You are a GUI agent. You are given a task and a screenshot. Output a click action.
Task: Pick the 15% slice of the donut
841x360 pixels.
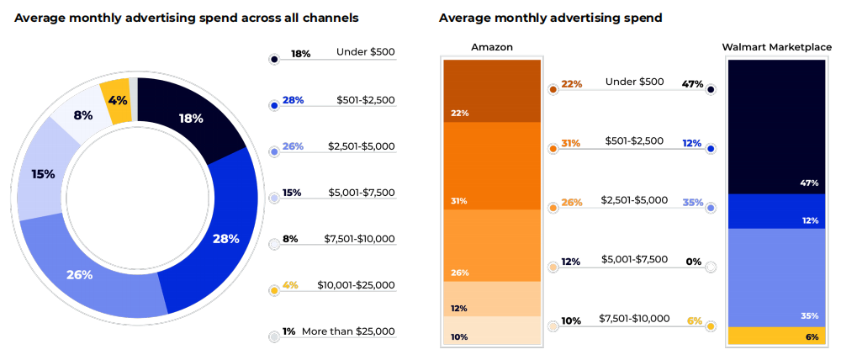[44, 174]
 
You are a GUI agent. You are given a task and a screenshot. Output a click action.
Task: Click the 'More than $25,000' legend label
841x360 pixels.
[348, 331]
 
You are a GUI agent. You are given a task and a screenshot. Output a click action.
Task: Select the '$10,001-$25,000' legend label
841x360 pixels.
[356, 285]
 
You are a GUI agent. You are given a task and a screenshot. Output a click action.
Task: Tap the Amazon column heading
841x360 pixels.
[492, 47]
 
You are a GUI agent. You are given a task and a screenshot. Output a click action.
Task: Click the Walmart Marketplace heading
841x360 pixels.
[776, 47]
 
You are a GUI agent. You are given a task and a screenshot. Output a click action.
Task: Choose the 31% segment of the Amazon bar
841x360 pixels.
[492, 166]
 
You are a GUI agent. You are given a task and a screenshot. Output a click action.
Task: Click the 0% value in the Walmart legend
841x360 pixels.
[693, 262]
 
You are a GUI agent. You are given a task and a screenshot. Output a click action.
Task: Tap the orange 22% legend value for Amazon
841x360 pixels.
[571, 84]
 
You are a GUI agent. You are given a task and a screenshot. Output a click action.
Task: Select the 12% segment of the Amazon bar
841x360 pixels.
[492, 299]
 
